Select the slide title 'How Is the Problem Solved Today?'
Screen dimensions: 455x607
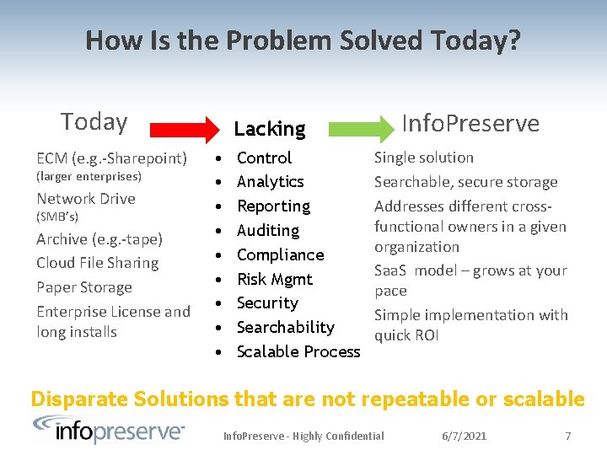303,40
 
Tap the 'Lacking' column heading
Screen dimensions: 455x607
269,129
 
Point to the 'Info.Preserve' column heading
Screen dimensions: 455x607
470,123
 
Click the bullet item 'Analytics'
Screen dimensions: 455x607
270,182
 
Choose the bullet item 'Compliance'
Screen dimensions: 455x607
280,254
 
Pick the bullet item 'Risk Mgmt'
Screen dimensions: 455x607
274,279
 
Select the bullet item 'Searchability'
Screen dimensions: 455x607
285,327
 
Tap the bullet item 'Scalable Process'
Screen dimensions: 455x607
298,351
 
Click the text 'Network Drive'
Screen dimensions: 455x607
86,199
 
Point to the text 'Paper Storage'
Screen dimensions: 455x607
84,287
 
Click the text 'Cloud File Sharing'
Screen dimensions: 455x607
97,263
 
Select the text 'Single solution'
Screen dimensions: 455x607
424,158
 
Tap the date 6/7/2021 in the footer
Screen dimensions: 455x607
465,436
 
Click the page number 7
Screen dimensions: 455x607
567,436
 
